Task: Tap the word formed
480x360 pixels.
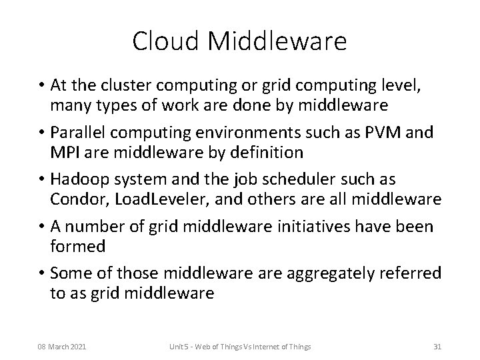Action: click(x=77, y=247)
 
